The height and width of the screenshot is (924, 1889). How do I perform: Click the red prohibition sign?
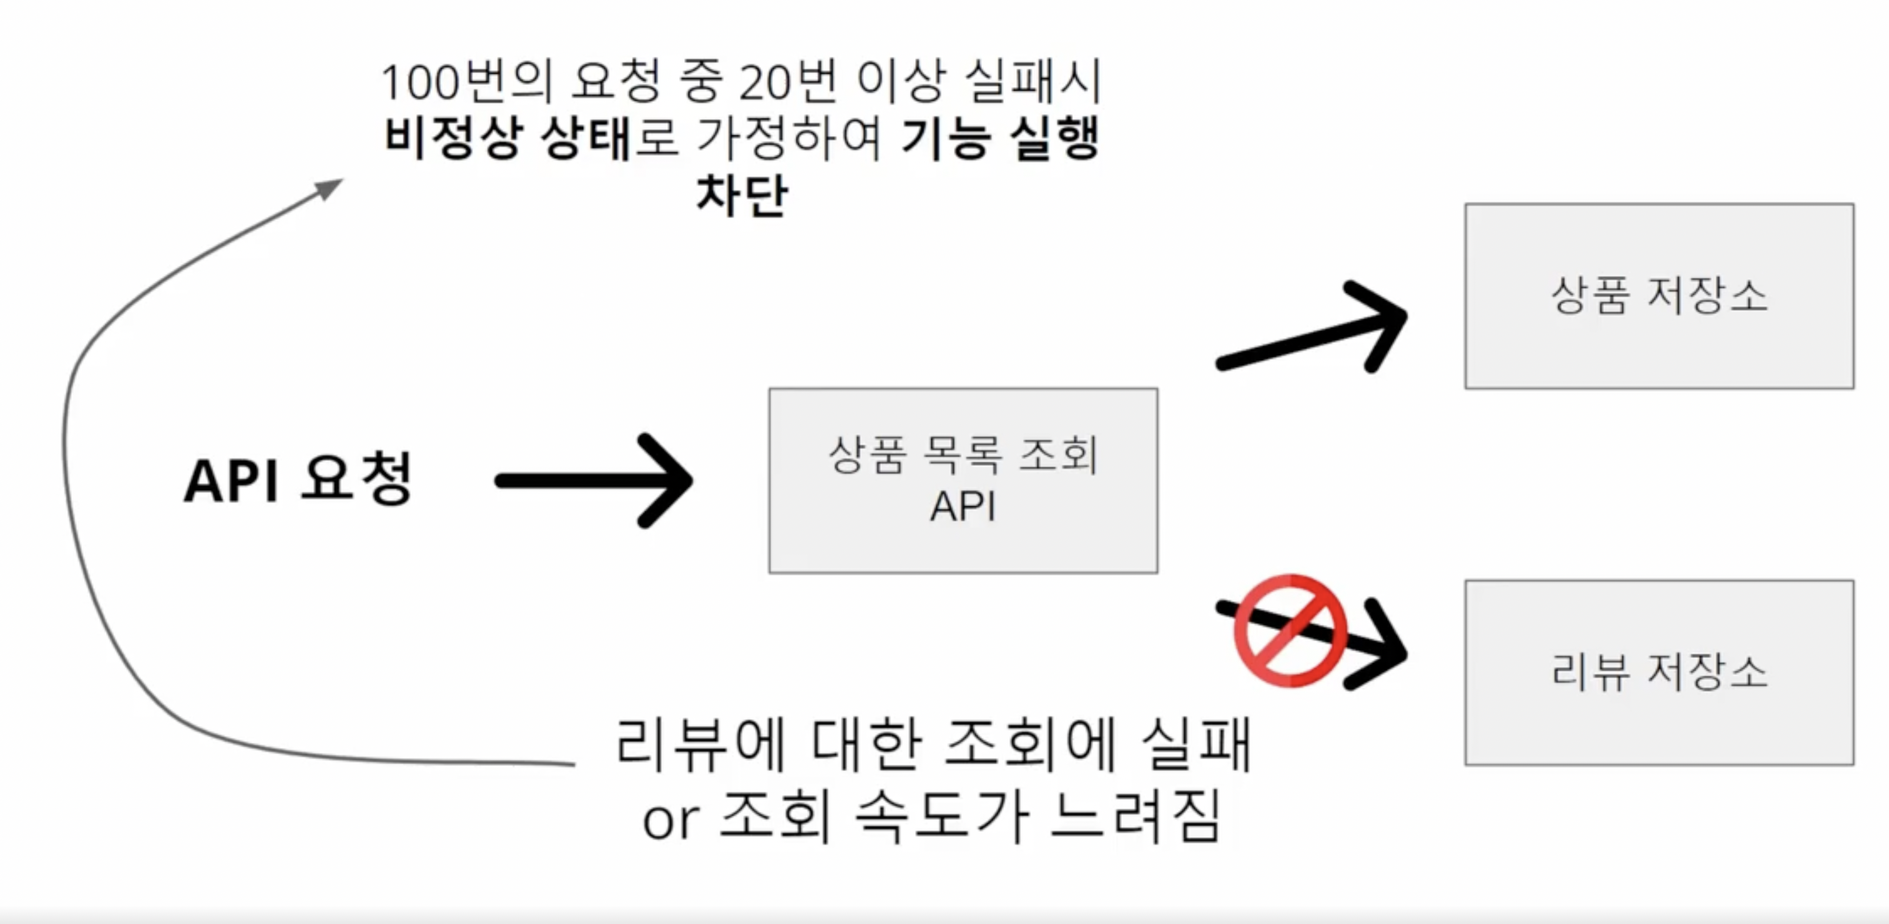1290,631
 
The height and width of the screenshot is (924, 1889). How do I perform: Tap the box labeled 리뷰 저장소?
1659,672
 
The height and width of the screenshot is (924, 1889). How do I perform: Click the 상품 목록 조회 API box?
963,480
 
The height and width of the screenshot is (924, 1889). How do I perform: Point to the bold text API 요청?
297,480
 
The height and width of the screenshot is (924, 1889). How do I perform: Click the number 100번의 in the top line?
466,81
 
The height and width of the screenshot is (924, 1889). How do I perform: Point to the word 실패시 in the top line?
1033,81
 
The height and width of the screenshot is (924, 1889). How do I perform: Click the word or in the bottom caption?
670,822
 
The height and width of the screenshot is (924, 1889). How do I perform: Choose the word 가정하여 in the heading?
789,138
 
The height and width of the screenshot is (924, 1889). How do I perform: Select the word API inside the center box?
963,506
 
